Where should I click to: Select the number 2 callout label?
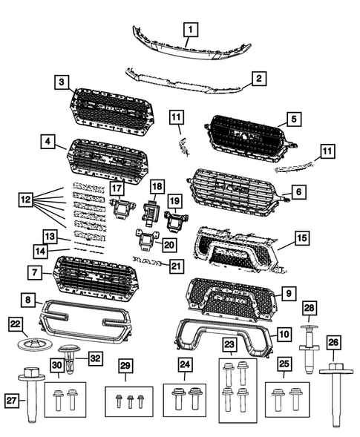(258, 77)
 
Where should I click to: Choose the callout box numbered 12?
(25, 199)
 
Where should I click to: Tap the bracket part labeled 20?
(146, 239)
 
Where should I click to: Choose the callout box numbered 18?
(157, 185)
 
